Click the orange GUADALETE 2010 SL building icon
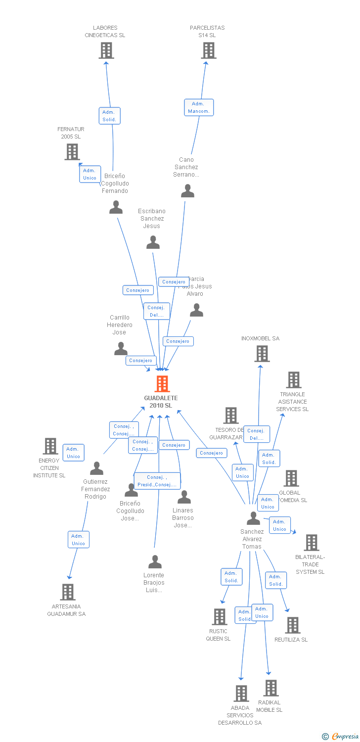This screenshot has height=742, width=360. pos(162,384)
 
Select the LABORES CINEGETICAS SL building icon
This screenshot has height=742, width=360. pos(106,50)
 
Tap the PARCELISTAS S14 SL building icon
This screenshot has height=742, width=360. pos(209,50)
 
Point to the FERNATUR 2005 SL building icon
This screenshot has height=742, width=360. pos(72,152)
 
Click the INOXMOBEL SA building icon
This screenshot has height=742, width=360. pos(262,354)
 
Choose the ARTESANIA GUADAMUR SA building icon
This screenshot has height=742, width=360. pos(68,592)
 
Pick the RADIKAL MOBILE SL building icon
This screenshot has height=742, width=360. pos(270,688)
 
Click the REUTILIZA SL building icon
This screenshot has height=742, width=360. pos(292,625)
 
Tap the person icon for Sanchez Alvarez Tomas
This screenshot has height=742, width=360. pos(253,518)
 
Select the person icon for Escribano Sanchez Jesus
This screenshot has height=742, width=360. pos(153,242)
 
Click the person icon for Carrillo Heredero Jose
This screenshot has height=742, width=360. pos(121,349)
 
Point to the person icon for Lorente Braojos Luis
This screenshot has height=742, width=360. pos(155,562)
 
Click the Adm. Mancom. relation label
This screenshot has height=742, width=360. pos(199,107)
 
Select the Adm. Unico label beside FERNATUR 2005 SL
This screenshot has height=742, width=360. pos(90,174)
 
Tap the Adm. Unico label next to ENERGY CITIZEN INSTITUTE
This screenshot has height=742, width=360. pos(73,453)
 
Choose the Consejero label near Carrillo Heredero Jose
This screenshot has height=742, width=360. pos(141,361)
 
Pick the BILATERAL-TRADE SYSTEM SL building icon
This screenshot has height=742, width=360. pos(311,543)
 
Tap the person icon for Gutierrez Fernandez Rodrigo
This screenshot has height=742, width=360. pos(97,468)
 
